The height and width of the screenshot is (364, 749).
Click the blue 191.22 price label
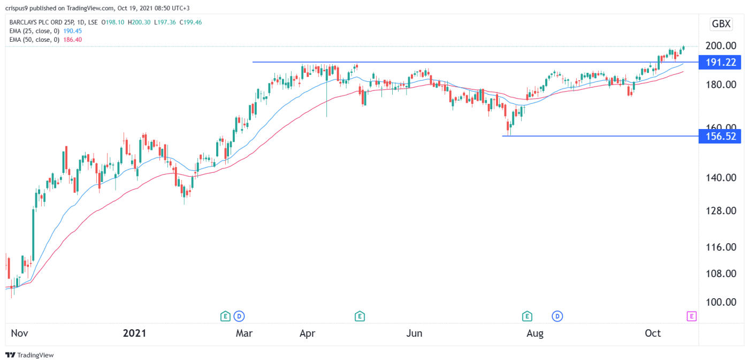(720, 62)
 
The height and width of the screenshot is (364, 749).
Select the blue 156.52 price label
(720, 136)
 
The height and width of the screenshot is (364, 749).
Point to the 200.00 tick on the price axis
(720, 46)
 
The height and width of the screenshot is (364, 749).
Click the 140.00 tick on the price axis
(720, 178)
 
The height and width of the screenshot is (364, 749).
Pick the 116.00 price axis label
(720, 247)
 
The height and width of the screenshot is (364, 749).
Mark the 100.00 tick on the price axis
(720, 302)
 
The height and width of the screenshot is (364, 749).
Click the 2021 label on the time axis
(134, 333)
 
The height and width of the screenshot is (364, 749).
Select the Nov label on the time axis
(19, 333)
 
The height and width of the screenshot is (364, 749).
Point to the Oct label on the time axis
(653, 333)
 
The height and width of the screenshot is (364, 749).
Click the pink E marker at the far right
(691, 316)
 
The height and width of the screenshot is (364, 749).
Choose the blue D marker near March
(239, 316)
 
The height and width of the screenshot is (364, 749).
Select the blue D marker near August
(559, 316)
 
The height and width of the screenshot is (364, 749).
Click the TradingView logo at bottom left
(30, 355)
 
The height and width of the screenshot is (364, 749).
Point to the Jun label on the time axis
(414, 333)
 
